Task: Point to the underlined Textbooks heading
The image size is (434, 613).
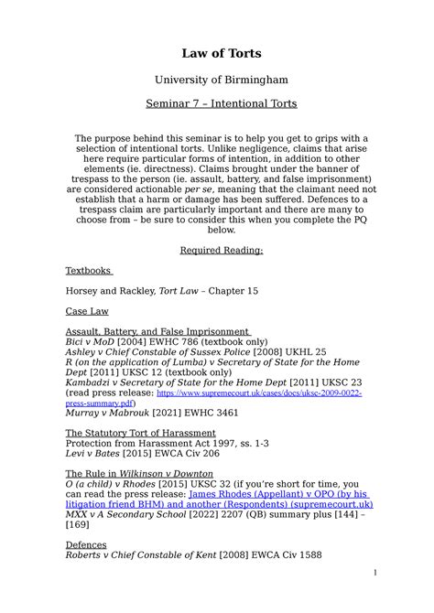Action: (88, 271)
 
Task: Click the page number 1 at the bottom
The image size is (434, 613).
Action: (374, 598)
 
